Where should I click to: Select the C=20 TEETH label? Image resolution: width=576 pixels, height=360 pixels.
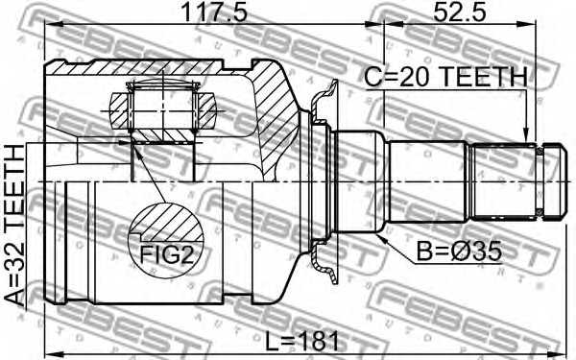pyautogui.click(x=444, y=77)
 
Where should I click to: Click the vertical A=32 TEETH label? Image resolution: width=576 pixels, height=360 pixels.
pyautogui.click(x=15, y=225)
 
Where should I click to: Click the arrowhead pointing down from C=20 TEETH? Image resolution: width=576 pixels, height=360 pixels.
pyautogui.click(x=525, y=135)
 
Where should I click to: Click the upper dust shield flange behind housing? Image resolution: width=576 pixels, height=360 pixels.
pyautogui.click(x=327, y=96)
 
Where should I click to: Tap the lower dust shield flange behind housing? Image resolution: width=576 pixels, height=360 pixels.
pyautogui.click(x=327, y=264)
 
